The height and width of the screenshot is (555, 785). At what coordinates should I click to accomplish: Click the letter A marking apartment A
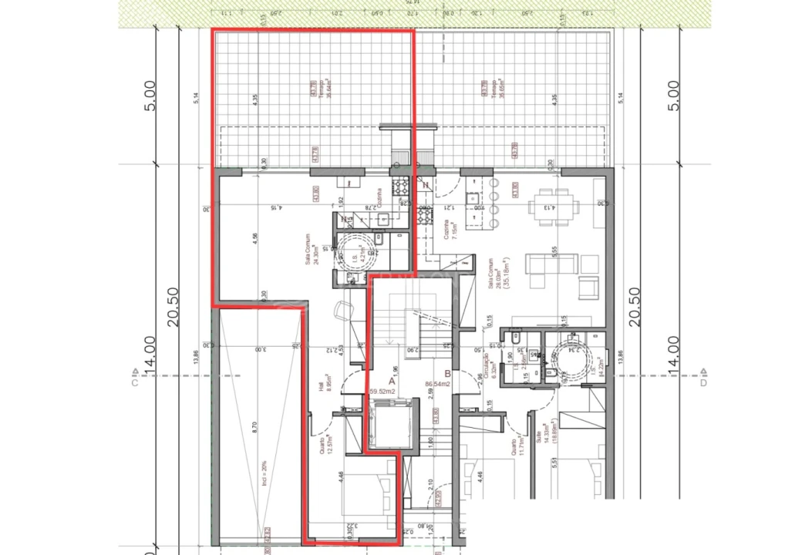click(x=391, y=381)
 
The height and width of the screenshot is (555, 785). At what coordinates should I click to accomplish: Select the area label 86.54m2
click(x=437, y=382)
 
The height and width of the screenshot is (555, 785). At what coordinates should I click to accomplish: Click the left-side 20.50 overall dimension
click(x=174, y=305)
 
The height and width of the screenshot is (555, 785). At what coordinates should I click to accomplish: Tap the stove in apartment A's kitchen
click(x=401, y=186)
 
